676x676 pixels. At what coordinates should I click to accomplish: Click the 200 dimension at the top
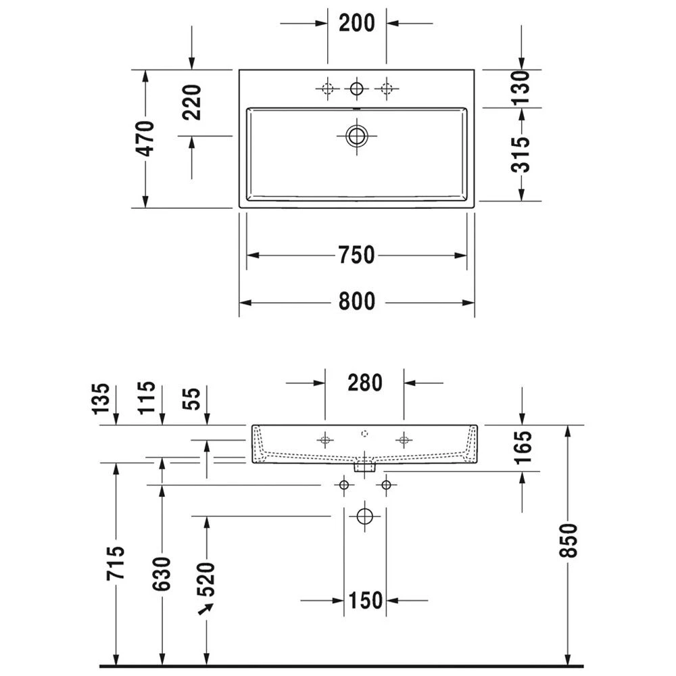(x=356, y=23)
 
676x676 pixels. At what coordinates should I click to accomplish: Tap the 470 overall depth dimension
(x=145, y=139)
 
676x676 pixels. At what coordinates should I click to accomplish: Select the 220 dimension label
(x=192, y=102)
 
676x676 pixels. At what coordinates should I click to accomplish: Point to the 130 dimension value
(x=521, y=88)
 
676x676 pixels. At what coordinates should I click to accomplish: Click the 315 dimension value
(x=521, y=154)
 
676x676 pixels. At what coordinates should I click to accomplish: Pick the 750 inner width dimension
(x=356, y=255)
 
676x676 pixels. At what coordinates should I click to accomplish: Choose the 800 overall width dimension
(x=356, y=301)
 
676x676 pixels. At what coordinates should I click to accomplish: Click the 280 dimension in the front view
(x=365, y=383)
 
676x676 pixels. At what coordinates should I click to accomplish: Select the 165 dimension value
(x=523, y=447)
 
